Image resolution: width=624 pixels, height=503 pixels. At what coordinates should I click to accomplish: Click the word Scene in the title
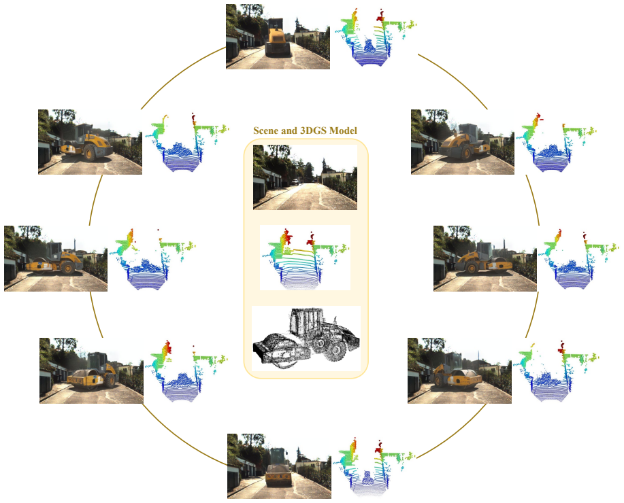pos(265,131)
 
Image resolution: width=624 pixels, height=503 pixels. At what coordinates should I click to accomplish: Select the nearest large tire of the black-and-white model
pos(337,351)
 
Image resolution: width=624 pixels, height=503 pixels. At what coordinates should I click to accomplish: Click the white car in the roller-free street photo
pos(295,181)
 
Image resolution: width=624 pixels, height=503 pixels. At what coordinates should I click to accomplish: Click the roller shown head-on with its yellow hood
pos(278,38)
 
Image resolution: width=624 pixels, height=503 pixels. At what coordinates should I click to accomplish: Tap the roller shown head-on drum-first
pos(278,468)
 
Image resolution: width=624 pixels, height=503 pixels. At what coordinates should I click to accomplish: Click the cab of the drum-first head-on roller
pos(278,455)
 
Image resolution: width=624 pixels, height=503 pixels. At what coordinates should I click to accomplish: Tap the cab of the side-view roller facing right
pos(485,250)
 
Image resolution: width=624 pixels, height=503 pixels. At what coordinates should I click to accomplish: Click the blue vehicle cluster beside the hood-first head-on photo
pos(370,46)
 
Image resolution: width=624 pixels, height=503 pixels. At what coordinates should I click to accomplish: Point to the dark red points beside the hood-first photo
pos(380,15)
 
